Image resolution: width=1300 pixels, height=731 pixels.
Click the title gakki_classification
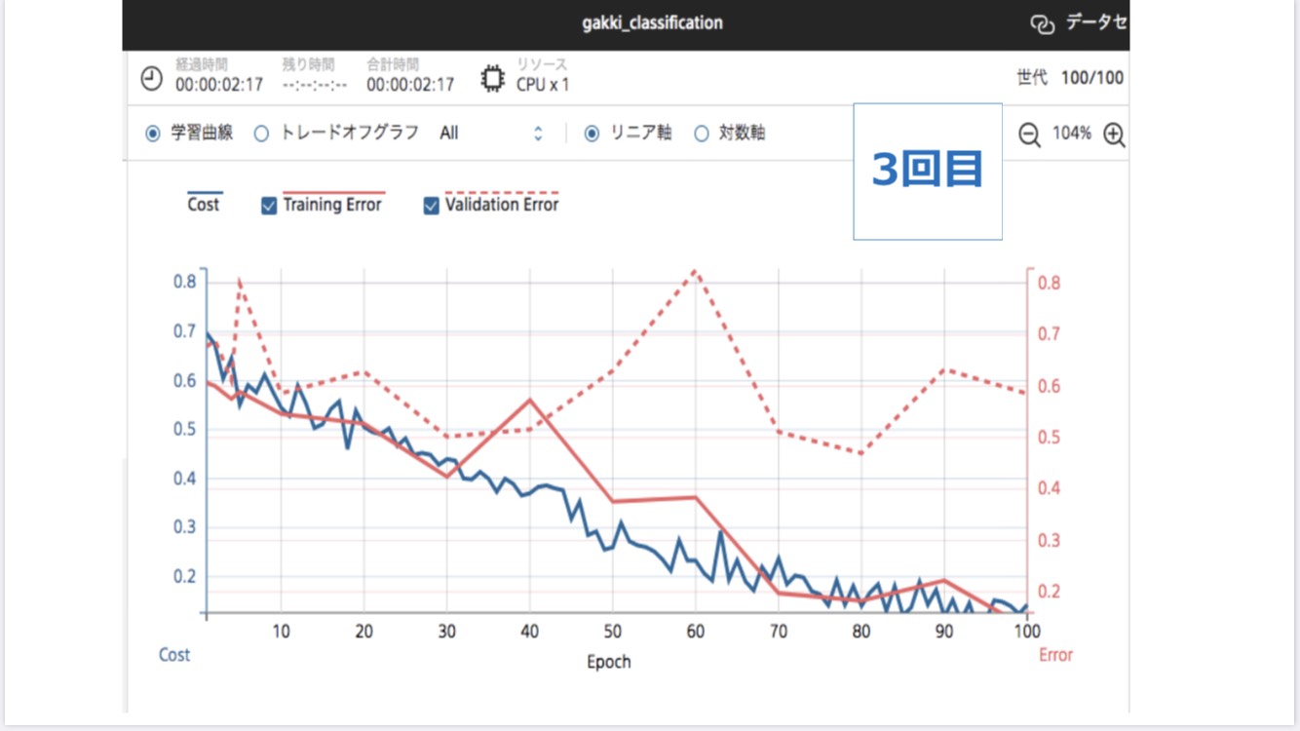[652, 22]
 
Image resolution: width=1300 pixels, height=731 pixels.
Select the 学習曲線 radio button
[152, 134]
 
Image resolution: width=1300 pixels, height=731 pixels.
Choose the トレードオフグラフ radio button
[261, 134]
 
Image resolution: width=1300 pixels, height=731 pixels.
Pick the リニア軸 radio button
[592, 134]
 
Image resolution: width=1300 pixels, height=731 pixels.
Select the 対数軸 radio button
[702, 134]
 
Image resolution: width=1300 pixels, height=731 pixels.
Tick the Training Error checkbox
[270, 206]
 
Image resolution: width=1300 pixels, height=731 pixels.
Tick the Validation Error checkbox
[432, 206]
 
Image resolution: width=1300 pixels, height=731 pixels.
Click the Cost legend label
[204, 205]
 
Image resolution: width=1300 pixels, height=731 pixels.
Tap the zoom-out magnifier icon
[1029, 135]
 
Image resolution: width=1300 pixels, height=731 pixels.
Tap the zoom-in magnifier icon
[1114, 135]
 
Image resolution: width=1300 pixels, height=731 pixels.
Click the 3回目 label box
[928, 172]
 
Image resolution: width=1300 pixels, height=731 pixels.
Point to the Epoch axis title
[609, 662]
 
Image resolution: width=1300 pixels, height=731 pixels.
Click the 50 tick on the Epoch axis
[612, 631]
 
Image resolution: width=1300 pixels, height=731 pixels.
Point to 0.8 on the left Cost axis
[185, 282]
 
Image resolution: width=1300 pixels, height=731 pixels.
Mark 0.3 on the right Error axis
[1049, 540]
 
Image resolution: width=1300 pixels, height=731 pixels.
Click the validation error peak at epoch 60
[695, 270]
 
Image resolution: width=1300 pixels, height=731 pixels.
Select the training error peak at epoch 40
[529, 399]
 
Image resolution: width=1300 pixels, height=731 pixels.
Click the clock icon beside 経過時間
[152, 78]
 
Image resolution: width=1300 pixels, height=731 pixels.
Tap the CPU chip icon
[493, 78]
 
